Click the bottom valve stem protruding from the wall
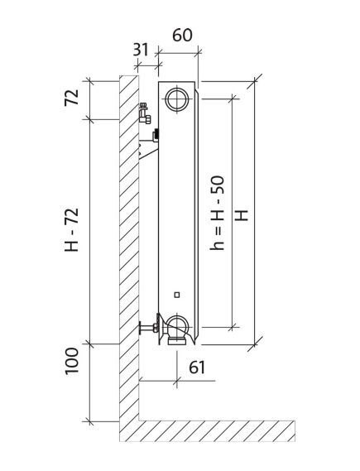tap(149, 327)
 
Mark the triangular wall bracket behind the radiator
tap(148, 151)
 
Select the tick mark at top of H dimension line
tap(256, 81)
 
